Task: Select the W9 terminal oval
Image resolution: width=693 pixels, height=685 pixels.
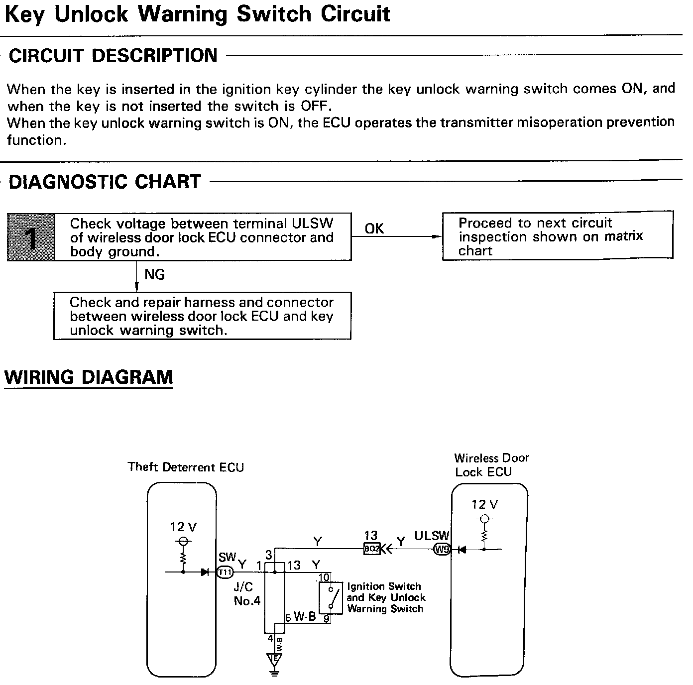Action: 442,550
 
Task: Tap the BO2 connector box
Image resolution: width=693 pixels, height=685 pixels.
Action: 371,549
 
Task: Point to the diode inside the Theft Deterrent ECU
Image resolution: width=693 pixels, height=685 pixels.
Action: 205,572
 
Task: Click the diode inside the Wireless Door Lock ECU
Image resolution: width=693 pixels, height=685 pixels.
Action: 462,550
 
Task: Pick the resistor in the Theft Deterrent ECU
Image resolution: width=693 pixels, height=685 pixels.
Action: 183,556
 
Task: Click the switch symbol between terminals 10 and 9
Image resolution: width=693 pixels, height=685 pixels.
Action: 331,597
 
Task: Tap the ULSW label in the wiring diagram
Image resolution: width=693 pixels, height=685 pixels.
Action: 432,536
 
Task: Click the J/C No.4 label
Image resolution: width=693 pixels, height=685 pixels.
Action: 247,594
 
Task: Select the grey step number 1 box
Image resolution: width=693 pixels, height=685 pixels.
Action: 31,237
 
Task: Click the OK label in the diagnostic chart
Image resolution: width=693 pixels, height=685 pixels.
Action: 374,228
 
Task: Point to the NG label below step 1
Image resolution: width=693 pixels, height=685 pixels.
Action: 154,275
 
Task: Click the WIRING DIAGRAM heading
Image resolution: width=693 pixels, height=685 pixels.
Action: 89,377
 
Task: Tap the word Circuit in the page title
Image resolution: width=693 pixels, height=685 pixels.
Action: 355,14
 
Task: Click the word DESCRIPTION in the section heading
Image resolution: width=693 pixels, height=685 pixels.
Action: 154,55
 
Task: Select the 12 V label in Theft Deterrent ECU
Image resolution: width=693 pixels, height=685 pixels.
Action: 184,527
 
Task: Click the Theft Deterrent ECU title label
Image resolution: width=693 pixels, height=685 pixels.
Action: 186,467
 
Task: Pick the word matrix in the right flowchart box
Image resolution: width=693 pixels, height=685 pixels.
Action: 623,236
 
